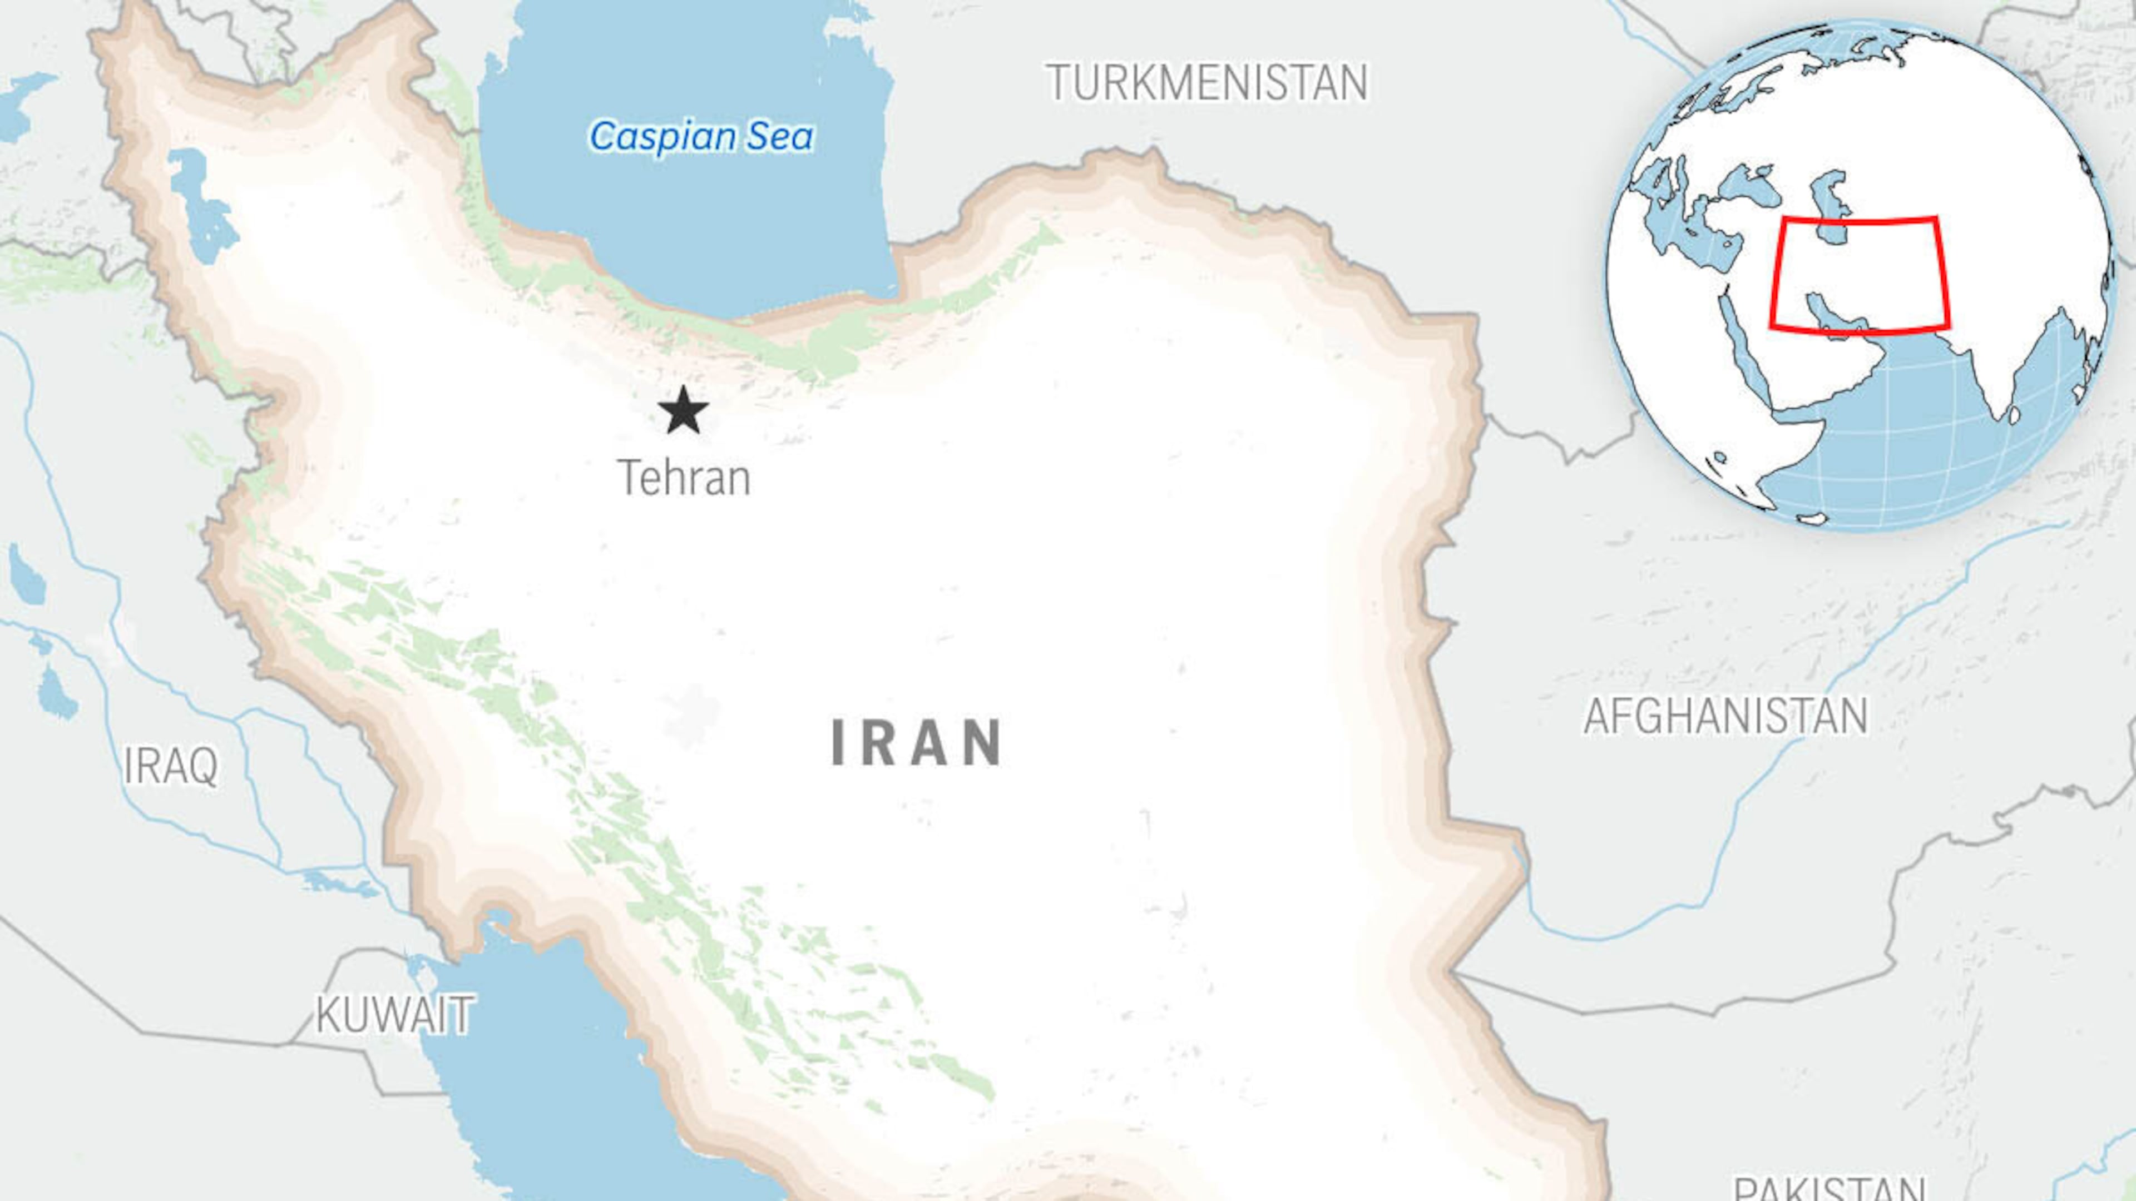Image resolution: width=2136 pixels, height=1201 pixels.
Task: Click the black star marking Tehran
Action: tap(683, 410)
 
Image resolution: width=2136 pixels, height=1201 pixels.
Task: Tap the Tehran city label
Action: tap(684, 478)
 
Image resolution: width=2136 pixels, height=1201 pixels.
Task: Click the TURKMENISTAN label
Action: tap(1207, 83)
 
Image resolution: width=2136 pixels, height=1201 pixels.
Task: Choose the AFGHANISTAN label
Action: tap(1725, 716)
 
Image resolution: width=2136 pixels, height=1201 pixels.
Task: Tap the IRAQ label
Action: tap(171, 765)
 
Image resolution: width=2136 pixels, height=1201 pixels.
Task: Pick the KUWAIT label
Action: tap(395, 1015)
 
